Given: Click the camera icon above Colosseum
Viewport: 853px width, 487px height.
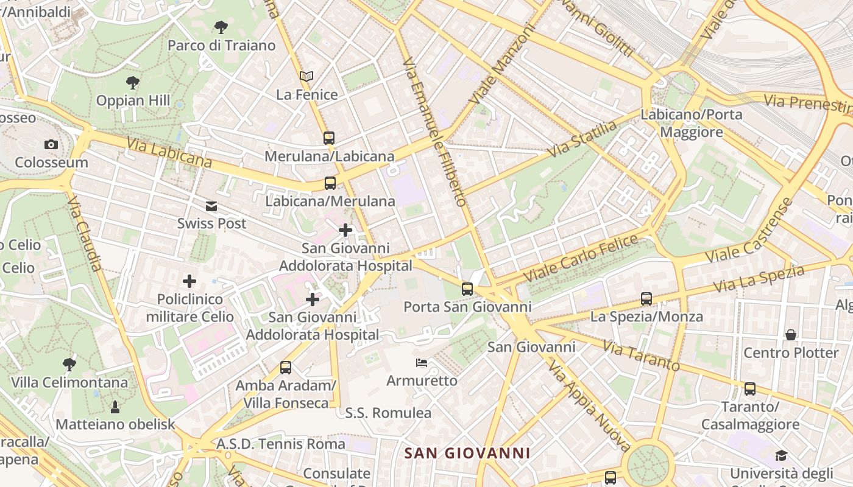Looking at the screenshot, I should click(51, 144).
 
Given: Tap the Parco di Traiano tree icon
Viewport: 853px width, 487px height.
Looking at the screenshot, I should click(221, 27).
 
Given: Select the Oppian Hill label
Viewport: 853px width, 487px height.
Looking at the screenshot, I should click(133, 100).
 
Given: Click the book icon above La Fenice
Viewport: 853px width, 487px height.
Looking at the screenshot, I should click(306, 77).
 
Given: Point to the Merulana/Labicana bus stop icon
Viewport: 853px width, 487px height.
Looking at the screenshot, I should click(329, 138).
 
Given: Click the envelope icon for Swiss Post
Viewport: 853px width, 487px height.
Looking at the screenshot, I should click(211, 206).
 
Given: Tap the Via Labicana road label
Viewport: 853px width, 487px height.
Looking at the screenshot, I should click(169, 152).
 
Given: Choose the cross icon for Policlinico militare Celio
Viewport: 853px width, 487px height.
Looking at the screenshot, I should click(189, 281).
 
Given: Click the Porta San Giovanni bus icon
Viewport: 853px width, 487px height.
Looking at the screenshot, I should click(467, 289).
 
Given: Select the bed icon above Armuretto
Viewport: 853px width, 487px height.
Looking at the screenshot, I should click(421, 363).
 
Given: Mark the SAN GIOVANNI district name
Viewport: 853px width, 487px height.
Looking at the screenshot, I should click(467, 454).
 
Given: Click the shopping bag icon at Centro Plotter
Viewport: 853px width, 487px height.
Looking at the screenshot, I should click(791, 335).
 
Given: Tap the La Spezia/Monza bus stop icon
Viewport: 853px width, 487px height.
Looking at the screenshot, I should click(646, 299).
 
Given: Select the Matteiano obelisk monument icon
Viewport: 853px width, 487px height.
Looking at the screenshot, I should click(115, 406).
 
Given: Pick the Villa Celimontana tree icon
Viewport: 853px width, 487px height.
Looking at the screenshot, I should click(69, 365).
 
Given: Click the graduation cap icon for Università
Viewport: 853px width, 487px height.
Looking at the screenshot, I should click(781, 455).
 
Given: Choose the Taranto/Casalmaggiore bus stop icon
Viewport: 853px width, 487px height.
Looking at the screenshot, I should click(750, 389).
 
